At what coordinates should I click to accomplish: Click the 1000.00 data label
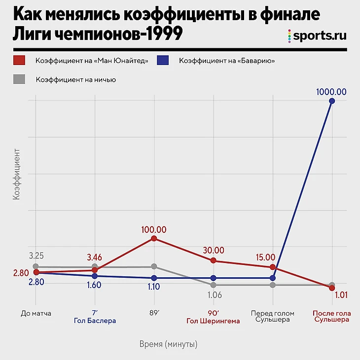click(332, 92)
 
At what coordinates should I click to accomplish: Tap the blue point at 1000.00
click(332, 101)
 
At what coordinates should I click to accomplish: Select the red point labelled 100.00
click(154, 238)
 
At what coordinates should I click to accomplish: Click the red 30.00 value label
click(213, 250)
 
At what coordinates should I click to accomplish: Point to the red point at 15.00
click(272, 267)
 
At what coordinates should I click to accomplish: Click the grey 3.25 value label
click(37, 256)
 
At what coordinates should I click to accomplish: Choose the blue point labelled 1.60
click(95, 276)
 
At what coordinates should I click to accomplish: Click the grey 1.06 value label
click(213, 295)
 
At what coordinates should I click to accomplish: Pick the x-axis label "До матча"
click(36, 313)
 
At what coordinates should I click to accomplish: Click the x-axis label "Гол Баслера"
click(95, 321)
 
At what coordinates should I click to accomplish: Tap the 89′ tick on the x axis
click(154, 313)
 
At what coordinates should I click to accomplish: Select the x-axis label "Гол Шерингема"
click(213, 321)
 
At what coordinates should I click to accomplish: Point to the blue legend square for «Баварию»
click(163, 61)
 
